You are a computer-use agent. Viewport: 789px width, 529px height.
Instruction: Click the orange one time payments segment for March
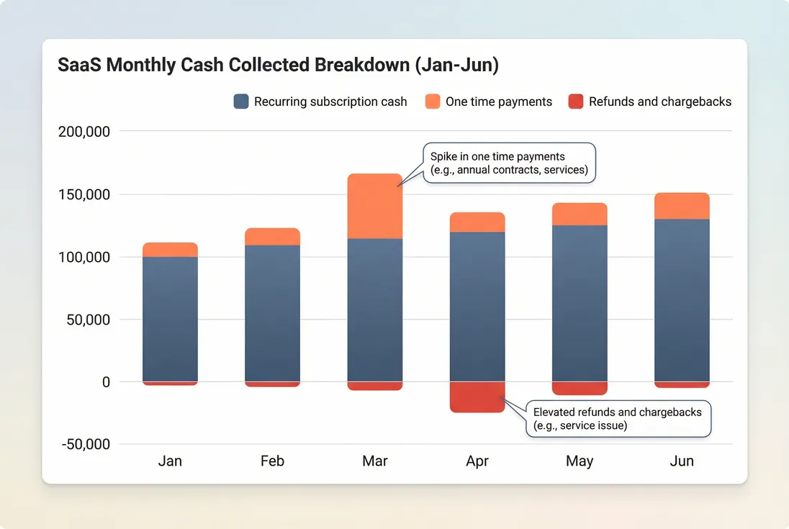374,206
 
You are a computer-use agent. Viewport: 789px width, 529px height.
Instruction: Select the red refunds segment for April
477,397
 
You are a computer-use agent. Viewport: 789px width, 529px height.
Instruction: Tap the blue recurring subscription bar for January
170,319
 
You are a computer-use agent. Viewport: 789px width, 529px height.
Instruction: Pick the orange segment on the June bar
682,206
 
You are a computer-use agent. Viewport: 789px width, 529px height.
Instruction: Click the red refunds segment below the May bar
580,388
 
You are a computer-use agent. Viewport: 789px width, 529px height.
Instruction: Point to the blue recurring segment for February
272,313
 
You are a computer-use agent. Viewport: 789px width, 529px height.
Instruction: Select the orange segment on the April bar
477,222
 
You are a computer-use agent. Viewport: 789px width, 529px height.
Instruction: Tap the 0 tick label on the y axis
106,382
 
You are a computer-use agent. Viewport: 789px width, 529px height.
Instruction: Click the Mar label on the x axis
374,461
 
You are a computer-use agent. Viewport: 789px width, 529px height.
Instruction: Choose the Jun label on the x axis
682,461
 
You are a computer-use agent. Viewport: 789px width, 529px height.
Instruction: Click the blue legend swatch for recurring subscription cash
241,101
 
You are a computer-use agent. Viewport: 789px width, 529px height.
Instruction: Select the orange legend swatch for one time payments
433,101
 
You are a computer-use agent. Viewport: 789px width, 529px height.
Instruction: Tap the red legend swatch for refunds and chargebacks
576,101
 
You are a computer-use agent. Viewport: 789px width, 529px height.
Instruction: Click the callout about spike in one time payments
508,163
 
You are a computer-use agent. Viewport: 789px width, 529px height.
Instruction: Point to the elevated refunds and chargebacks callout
618,419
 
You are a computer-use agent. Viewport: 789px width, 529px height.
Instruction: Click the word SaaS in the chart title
81,65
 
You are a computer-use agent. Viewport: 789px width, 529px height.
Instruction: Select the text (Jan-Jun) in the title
455,65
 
